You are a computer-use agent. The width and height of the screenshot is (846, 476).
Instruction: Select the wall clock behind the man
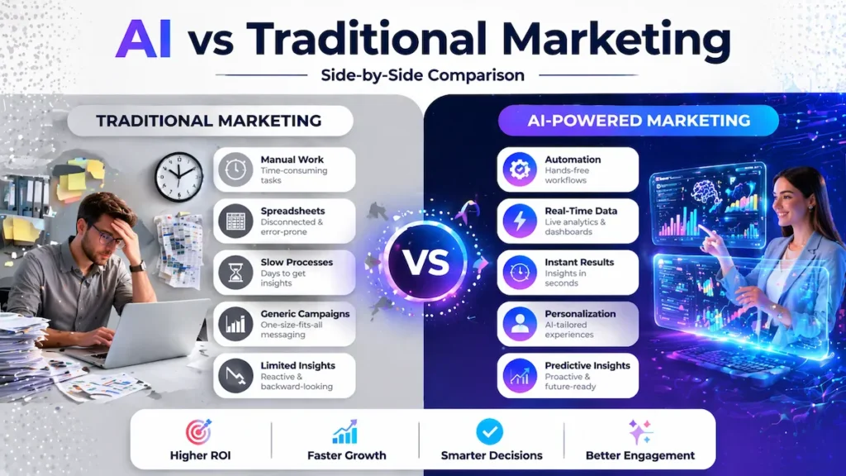coord(178,176)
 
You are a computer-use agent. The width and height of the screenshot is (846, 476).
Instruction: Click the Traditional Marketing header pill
coord(209,121)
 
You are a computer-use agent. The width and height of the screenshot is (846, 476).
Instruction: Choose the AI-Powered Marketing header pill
coord(639,121)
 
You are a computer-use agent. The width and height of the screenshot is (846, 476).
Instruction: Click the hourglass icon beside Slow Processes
coord(235,273)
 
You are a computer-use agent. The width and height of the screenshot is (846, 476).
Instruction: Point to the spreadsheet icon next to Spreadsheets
coord(235,221)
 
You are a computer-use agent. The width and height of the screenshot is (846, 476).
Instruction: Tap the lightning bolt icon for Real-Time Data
coord(520,221)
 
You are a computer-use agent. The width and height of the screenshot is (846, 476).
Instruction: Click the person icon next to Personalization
coord(520,324)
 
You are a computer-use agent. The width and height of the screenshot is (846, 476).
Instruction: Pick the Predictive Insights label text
coord(587,365)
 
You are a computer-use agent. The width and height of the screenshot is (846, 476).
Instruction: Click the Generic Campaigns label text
coord(305,314)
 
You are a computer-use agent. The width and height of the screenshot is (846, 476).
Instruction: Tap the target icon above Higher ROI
coord(198,432)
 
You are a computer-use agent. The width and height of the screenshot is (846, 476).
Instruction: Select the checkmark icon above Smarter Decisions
coord(489,431)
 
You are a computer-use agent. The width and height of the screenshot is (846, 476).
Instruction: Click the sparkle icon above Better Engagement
coord(639,432)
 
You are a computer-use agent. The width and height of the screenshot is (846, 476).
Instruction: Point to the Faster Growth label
coord(346,455)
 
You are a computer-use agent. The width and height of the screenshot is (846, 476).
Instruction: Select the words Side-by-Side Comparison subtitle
coord(422,75)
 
